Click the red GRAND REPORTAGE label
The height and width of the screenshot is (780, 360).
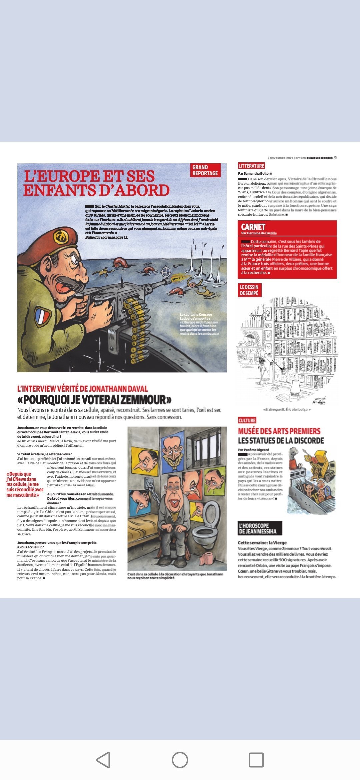[x=205, y=170]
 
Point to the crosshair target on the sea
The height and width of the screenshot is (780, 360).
[x=166, y=272]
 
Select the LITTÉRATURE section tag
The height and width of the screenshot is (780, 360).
[x=251, y=166]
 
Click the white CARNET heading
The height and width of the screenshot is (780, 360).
[x=253, y=227]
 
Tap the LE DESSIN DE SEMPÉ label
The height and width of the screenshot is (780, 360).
[x=249, y=290]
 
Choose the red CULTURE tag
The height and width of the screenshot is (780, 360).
[x=247, y=420]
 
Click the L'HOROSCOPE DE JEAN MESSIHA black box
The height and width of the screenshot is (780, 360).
[x=260, y=528]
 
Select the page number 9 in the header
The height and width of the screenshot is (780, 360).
[x=335, y=158]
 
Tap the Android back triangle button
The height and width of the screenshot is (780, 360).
[x=103, y=760]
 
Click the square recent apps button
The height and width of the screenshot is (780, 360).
[x=256, y=760]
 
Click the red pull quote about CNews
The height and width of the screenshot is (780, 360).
[x=25, y=484]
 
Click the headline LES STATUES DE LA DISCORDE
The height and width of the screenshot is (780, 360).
[x=281, y=441]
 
